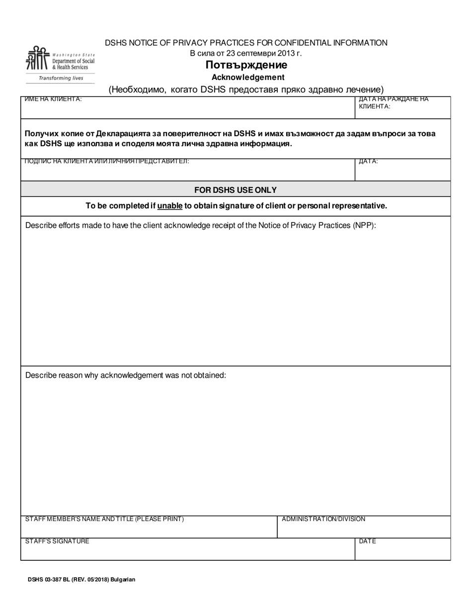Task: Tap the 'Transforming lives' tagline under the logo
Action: pos(61,78)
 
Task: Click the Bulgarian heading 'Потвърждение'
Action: pos(246,65)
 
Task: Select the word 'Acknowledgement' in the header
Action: pos(248,77)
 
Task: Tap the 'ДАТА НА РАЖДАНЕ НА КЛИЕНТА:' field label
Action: pos(393,102)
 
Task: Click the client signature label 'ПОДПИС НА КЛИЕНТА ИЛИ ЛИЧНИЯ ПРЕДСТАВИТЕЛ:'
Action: pos(107,161)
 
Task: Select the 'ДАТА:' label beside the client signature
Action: pos(368,161)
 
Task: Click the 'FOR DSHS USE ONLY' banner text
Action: pos(236,190)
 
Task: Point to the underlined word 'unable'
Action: pos(170,206)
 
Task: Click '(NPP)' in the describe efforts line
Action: pos(364,225)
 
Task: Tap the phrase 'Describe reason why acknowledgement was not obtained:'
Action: pos(126,375)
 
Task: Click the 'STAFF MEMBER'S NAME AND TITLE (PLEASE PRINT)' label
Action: pos(104,519)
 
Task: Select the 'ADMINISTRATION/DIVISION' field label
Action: pos(323,519)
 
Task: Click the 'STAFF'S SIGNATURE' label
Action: pos(57,541)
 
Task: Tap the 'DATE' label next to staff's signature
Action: pos(367,541)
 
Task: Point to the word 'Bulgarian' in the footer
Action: pos(123,579)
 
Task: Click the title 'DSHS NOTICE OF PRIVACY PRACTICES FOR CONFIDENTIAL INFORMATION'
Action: pos(246,43)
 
